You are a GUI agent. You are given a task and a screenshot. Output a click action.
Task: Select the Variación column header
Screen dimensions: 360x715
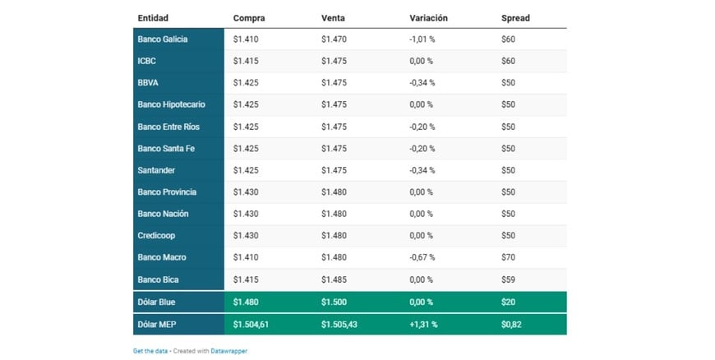(428, 17)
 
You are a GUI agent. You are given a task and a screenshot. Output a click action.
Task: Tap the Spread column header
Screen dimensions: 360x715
(515, 17)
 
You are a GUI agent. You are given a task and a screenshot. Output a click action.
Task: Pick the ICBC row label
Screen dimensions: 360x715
(147, 61)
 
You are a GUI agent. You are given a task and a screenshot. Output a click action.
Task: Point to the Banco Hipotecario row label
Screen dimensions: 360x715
(171, 104)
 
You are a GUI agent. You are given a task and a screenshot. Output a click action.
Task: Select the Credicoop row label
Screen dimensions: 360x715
(155, 235)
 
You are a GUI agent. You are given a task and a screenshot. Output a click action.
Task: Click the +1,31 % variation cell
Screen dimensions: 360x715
(423, 324)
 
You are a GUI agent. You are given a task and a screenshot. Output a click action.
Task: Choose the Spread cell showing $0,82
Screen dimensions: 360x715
(513, 324)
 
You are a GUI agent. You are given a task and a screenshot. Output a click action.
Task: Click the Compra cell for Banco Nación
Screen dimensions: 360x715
(247, 214)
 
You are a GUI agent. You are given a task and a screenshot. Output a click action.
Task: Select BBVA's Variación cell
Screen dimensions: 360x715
(422, 83)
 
